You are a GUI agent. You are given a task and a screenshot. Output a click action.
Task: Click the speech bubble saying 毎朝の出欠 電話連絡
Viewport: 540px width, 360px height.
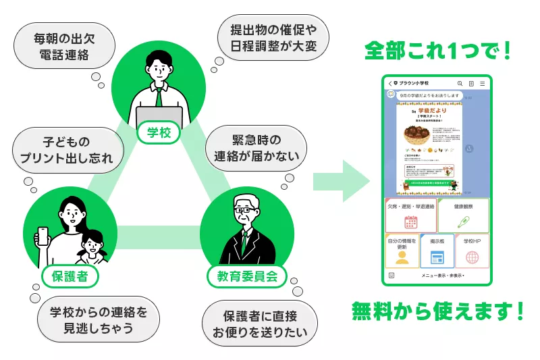point(61,45)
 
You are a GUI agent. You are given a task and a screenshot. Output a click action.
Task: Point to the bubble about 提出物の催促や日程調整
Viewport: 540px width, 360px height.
point(273,37)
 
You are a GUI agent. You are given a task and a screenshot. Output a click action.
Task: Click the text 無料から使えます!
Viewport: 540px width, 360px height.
point(437,311)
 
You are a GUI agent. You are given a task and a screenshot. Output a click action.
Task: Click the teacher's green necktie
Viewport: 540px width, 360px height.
point(159,97)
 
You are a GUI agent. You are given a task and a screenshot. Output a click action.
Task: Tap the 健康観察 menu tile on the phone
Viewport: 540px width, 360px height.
point(462,215)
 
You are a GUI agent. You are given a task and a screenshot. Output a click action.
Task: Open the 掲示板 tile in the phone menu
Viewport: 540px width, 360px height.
point(437,251)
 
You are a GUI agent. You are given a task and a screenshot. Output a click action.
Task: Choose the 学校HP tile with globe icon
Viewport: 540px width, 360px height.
point(472,251)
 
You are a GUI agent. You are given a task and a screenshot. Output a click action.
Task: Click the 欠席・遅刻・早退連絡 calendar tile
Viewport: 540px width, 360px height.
point(410,215)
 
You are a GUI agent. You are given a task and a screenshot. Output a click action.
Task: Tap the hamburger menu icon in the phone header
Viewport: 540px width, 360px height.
point(482,83)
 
